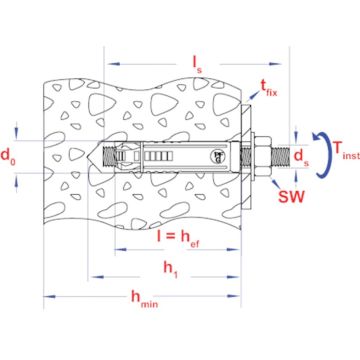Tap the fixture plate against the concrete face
click(x=247, y=157)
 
